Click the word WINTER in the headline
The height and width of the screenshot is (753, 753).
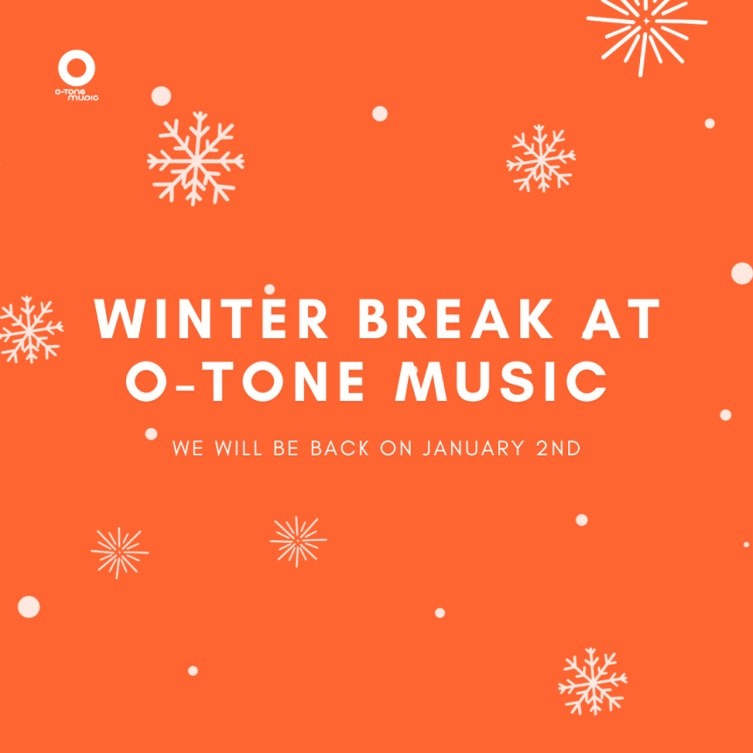point(211,319)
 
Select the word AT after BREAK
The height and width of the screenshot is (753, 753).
point(622,319)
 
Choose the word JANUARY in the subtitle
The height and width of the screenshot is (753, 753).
point(473,448)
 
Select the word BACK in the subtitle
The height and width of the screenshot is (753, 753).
point(340,448)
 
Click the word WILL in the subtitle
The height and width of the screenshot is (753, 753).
point(238,448)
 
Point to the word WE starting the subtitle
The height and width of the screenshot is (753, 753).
point(187,448)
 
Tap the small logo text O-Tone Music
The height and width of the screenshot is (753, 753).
point(76,95)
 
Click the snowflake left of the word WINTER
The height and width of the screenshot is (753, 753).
point(31,329)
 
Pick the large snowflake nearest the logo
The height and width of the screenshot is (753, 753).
point(196,159)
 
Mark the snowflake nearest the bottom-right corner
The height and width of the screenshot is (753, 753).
point(593,682)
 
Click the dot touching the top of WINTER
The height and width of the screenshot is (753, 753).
point(270,289)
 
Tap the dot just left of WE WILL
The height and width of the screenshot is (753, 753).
point(151,434)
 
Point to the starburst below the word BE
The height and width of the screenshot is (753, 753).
point(299,541)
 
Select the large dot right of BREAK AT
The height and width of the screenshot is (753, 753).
point(742,273)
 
